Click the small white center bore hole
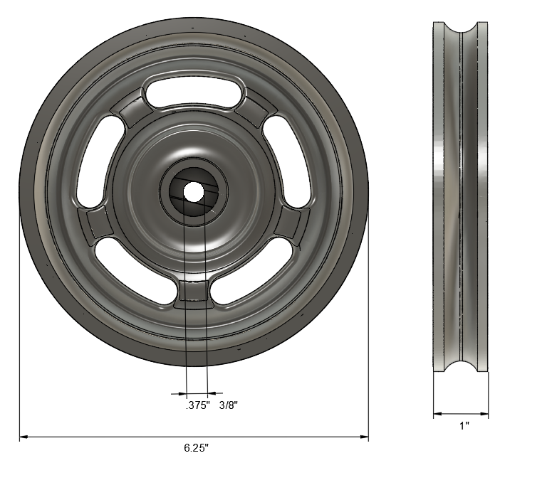tap(193, 190)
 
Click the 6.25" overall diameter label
tap(196, 448)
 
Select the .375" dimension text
tap(197, 405)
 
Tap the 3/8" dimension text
tap(228, 405)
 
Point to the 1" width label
tap(464, 426)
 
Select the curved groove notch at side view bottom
tap(461, 364)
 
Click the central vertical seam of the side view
tap(461, 196)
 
